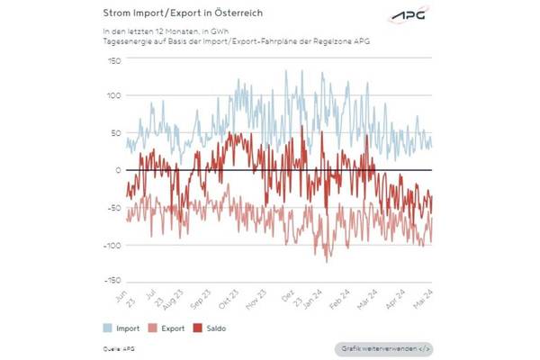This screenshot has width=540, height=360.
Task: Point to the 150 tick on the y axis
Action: pos(113,59)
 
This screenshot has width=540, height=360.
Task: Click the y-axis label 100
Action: pos(113,96)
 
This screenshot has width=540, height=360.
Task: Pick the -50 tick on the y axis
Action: pos(112,207)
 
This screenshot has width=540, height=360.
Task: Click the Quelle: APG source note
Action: pos(117,346)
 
